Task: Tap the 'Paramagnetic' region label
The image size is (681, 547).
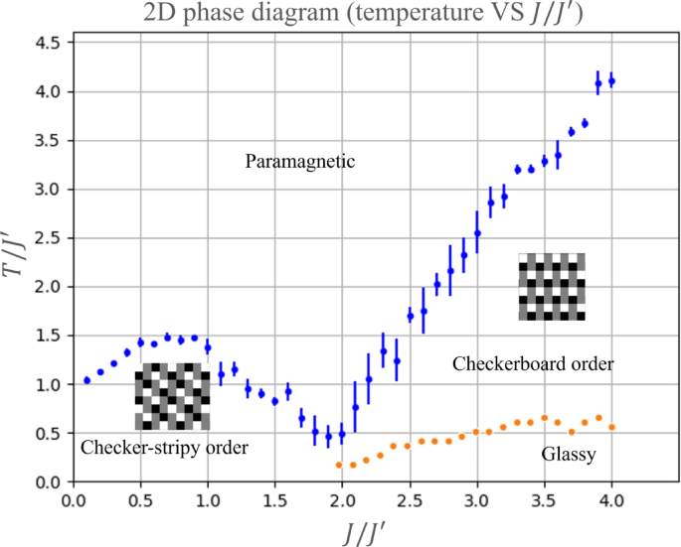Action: pos(299,161)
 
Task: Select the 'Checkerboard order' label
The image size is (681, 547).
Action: pos(533,364)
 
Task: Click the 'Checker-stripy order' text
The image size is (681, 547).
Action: pos(164,449)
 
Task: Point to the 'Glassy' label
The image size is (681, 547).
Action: pos(569,455)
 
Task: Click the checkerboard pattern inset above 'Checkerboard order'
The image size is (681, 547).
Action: pos(552,287)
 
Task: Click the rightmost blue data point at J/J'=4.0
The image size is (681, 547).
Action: pos(612,81)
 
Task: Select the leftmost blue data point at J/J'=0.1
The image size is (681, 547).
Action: pos(86,380)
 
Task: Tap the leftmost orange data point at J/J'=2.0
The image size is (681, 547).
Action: pos(340,465)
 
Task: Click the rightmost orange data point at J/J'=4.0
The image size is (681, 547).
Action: pos(612,427)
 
